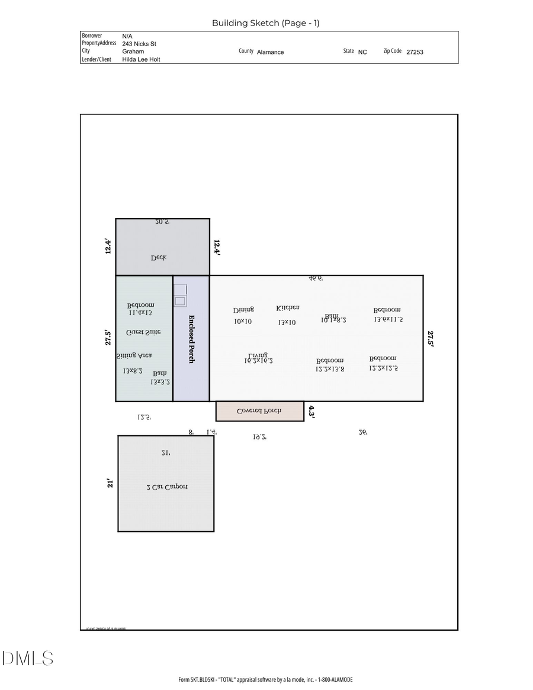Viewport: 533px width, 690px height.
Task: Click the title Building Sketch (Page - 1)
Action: (265, 23)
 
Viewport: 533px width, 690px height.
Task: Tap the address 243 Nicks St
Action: (139, 44)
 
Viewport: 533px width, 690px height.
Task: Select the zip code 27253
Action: (415, 52)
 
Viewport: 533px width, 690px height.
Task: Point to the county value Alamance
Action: (270, 52)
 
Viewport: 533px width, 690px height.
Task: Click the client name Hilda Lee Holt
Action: (141, 59)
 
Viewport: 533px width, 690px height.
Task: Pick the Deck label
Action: (158, 258)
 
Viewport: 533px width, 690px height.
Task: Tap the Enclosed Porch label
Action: (191, 339)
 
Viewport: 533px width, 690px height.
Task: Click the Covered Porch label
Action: (259, 411)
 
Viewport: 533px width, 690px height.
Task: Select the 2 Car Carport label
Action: (166, 487)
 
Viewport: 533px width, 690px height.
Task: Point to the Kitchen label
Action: (288, 308)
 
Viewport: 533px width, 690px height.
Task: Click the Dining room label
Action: (243, 310)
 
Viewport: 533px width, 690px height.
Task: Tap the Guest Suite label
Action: (143, 333)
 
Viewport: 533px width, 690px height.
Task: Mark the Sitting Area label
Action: (134, 355)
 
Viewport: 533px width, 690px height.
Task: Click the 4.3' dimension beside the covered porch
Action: (312, 412)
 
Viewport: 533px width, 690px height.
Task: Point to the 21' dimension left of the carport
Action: (110, 483)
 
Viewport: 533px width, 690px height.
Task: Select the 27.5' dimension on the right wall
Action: (431, 338)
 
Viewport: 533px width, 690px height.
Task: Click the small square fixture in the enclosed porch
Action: (180, 301)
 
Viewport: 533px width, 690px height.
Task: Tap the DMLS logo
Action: (27, 658)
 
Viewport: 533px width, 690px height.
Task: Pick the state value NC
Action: (362, 52)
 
